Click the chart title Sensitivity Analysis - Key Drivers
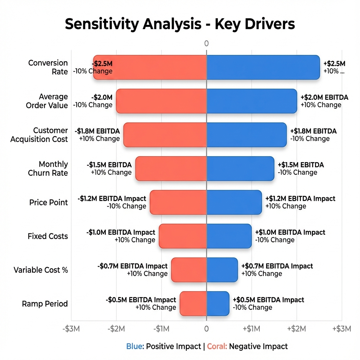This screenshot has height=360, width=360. tap(180, 24)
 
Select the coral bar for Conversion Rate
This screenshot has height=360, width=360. tap(150, 67)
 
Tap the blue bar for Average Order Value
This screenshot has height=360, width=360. tap(251, 101)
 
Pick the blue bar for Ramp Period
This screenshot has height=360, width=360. tap(218, 303)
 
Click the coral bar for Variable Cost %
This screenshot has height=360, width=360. tap(189, 270)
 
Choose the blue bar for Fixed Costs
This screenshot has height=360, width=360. tap(229, 236)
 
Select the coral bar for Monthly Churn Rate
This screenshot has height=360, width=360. tap(171, 168)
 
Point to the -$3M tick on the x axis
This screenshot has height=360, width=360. tap(71, 329)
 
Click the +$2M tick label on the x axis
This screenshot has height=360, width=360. tap(296, 329)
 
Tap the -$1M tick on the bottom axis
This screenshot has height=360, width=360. tap(161, 329)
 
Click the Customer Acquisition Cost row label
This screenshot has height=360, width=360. tap(39, 135)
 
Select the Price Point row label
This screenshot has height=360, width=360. tap(49, 202)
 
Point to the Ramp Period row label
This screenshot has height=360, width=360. tap(45, 304)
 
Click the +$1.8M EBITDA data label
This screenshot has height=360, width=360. tap(313, 131)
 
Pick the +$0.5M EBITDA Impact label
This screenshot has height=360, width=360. tap(268, 300)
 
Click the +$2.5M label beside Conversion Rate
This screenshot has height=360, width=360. tap(334, 64)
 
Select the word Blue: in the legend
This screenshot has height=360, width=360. tap(135, 346)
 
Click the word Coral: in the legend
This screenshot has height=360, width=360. tap(217, 346)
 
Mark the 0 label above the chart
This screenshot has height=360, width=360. tap(206, 44)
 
